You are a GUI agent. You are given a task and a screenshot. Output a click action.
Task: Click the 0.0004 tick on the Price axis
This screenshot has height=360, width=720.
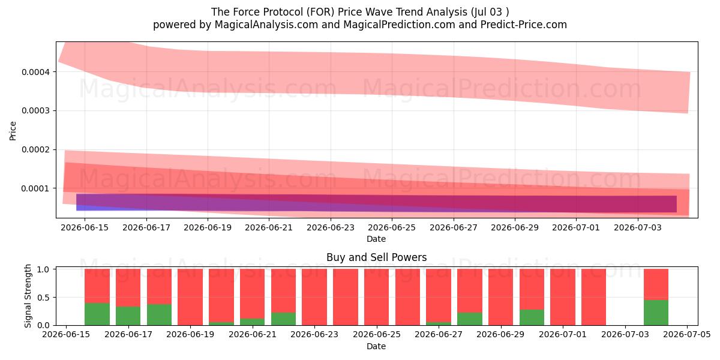(x=35, y=72)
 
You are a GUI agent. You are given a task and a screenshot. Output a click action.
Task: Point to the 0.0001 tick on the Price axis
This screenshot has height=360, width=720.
(x=35, y=188)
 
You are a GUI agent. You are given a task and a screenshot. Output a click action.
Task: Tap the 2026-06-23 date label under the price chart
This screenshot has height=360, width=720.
(x=331, y=227)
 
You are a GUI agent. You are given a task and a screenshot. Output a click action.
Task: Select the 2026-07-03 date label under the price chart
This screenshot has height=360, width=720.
(x=638, y=227)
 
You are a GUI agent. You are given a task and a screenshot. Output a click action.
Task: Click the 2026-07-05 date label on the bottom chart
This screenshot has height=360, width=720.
(x=687, y=334)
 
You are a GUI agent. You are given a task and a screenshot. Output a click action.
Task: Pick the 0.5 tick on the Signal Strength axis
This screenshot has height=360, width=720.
(x=44, y=298)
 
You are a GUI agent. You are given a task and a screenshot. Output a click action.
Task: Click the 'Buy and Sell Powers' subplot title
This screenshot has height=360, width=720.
(x=376, y=257)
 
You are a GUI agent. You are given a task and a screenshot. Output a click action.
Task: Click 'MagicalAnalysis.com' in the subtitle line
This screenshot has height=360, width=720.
(x=266, y=25)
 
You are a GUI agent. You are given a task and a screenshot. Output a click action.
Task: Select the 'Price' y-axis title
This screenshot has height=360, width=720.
(x=13, y=131)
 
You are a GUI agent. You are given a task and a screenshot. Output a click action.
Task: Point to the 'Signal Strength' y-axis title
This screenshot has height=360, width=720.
(x=28, y=296)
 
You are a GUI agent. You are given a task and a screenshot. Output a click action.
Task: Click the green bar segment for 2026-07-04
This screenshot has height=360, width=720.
(x=656, y=313)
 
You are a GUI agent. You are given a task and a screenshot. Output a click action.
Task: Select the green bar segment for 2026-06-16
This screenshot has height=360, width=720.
(x=97, y=314)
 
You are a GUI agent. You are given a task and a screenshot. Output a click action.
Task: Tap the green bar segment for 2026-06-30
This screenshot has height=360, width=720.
(x=532, y=317)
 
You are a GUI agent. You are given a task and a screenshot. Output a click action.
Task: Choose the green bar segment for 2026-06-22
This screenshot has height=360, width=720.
(x=283, y=319)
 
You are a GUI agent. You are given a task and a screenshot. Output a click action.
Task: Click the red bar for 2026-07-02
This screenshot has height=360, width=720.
(x=594, y=297)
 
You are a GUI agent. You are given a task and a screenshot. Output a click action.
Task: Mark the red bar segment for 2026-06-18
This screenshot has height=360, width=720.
(x=160, y=287)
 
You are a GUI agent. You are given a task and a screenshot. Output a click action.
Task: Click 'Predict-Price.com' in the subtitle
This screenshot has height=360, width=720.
(x=524, y=25)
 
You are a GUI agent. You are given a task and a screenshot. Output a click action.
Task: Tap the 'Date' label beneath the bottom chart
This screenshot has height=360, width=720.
(x=376, y=346)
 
